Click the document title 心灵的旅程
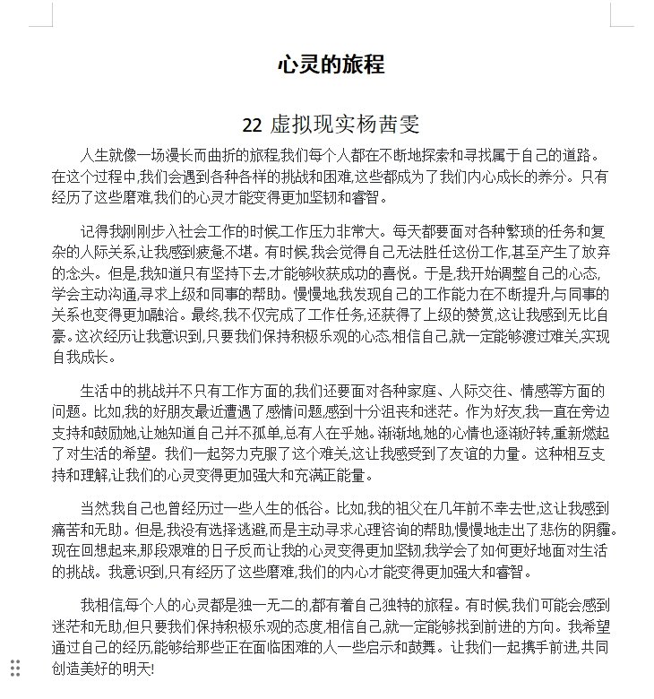tap(331, 65)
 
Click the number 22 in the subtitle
tap(253, 125)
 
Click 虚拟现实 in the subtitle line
tap(309, 125)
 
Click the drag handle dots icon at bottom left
tap(15, 667)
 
